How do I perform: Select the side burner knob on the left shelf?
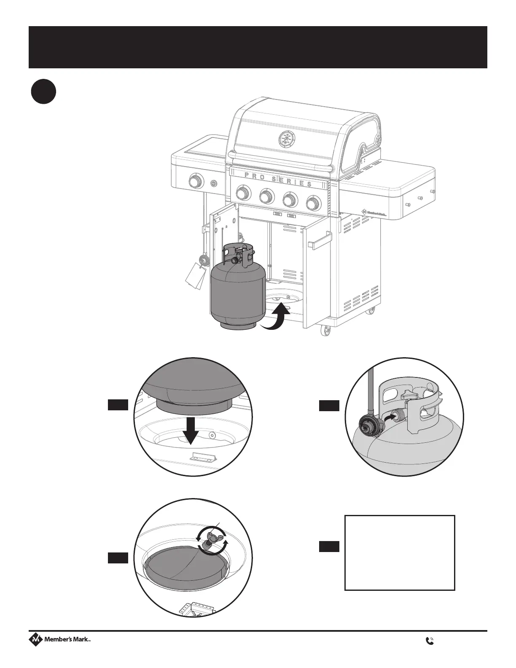(195, 182)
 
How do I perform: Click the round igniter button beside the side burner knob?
(214, 183)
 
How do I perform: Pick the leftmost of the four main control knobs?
(242, 193)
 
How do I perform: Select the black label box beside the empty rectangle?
(329, 547)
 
